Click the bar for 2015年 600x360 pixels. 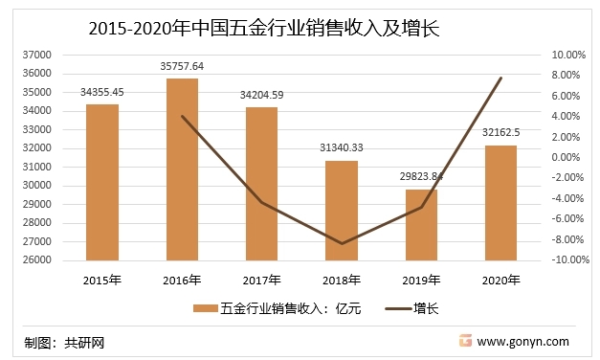click(101, 182)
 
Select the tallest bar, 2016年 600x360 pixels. click(182, 169)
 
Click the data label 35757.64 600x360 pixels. click(182, 66)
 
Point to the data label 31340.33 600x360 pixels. click(342, 148)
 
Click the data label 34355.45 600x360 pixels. click(101, 92)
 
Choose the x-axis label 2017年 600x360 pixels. click(261, 280)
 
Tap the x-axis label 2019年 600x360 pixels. click(421, 280)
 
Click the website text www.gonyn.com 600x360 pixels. click(522, 341)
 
